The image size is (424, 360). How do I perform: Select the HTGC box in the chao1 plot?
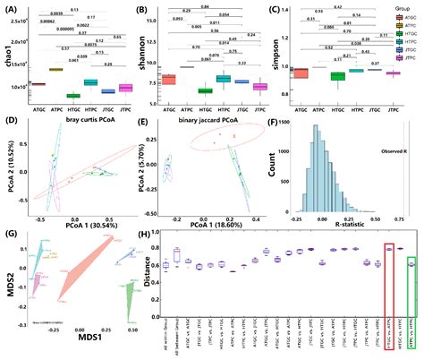73,94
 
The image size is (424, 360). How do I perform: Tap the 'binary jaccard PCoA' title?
213,120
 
